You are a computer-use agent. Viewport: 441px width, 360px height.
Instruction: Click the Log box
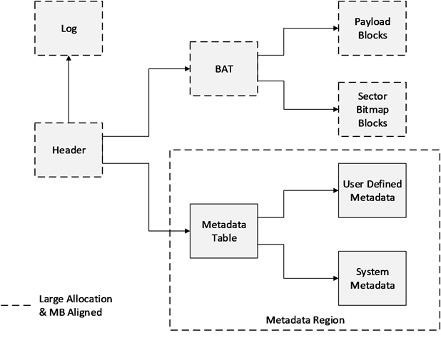coord(69,28)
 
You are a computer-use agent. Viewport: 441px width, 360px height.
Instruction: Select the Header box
coord(69,150)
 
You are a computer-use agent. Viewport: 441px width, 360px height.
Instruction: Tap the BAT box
coord(224,69)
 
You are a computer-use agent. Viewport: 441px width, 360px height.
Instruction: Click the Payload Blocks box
coord(372,28)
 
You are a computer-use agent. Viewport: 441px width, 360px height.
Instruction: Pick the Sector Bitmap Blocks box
coord(372,109)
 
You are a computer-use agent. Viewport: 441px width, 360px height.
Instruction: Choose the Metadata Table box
coord(224,231)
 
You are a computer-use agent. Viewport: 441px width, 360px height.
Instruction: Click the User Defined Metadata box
coord(372,190)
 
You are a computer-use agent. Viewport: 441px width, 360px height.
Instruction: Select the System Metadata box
coord(372,278)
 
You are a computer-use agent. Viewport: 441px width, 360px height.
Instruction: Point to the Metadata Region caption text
coord(305,320)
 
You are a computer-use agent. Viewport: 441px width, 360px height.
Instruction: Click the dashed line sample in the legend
coord(16,305)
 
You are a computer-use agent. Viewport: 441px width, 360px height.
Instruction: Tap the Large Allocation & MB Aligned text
coord(76,306)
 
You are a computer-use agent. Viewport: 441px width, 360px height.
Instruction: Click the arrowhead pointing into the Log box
coord(69,58)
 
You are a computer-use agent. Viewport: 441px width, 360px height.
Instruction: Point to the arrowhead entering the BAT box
coord(187,69)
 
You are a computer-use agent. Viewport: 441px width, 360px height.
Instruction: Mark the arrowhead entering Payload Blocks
coord(336,28)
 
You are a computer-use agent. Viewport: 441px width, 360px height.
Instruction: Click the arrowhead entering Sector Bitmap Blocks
coord(336,109)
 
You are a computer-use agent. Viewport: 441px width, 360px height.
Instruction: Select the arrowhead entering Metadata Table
coord(187,231)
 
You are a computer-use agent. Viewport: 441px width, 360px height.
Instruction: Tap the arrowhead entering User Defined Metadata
coord(336,190)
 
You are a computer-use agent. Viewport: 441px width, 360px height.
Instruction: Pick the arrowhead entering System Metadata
coord(336,278)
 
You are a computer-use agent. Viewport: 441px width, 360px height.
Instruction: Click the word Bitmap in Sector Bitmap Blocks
coord(372,110)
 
